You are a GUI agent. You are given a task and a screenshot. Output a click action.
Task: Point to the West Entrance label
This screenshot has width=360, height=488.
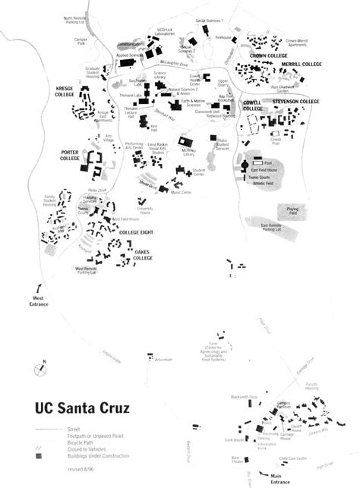[39, 301]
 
